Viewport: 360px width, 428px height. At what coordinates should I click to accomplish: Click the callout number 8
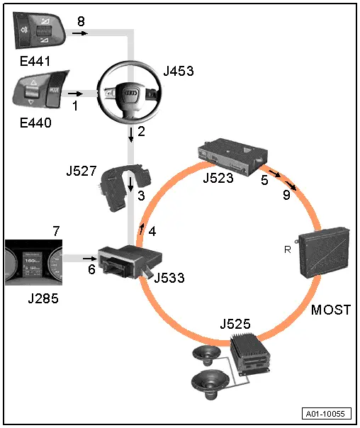(81, 21)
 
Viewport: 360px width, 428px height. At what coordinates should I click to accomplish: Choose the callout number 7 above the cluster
(56, 230)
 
